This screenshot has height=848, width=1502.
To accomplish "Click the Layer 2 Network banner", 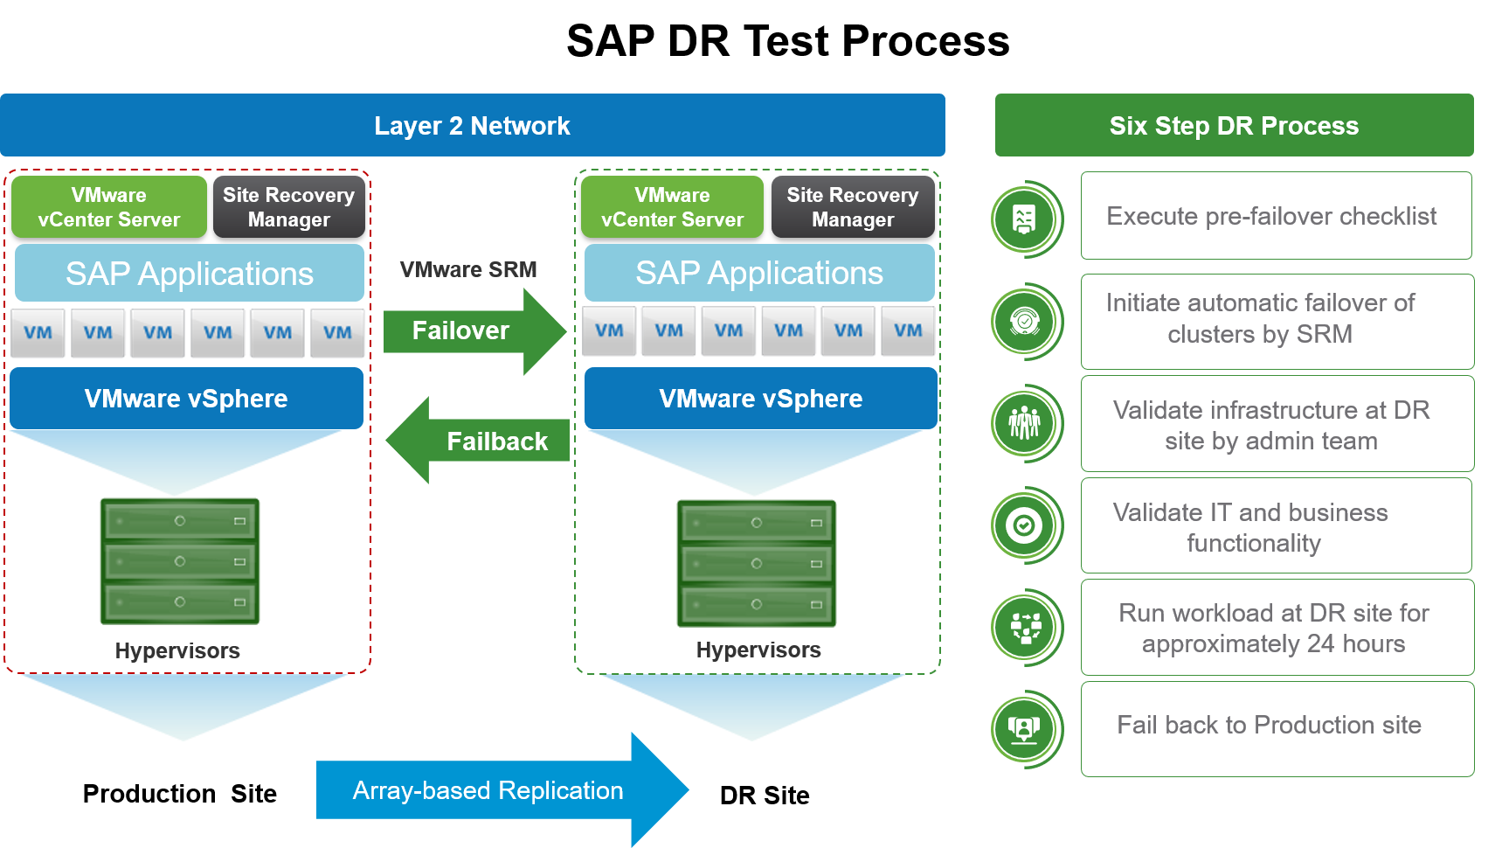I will pyautogui.click(x=472, y=125).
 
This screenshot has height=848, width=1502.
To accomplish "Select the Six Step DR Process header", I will pyautogui.click(x=1234, y=125).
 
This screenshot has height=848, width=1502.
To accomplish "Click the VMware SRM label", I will pyautogui.click(x=468, y=269).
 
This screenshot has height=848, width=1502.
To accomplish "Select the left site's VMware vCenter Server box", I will pyautogui.click(x=109, y=207).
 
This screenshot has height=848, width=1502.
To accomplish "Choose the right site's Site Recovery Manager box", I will pyautogui.click(x=852, y=207).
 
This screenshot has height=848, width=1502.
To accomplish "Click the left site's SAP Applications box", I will pyautogui.click(x=190, y=274).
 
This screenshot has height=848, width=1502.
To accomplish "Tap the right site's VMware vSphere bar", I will pyautogui.click(x=760, y=399).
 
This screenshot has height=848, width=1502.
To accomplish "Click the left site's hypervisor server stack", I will pyautogui.click(x=180, y=561).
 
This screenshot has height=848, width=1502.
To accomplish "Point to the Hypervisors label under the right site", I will pyautogui.click(x=758, y=650).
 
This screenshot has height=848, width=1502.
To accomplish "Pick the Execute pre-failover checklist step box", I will pyautogui.click(x=1276, y=216).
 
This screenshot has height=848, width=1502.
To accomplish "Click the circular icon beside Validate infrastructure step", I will pyautogui.click(x=1025, y=423).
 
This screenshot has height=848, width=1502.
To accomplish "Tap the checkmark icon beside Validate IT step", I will pyautogui.click(x=1025, y=525).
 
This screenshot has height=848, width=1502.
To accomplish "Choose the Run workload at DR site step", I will pyautogui.click(x=1276, y=628).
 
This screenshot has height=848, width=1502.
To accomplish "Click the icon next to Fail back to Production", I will pyautogui.click(x=1025, y=729).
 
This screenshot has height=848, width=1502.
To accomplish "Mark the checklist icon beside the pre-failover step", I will pyautogui.click(x=1025, y=219).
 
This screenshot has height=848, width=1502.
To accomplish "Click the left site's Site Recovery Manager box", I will pyautogui.click(x=288, y=207).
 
